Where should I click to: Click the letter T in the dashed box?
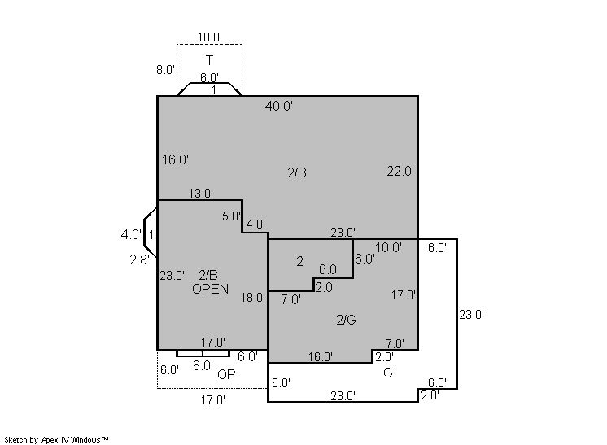pyautogui.click(x=209, y=60)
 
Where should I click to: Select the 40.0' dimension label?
pyautogui.click(x=279, y=106)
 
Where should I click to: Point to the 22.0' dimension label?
pyautogui.click(x=400, y=171)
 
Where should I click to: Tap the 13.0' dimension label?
pyautogui.click(x=201, y=193)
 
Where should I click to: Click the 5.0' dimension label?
pyautogui.click(x=232, y=216)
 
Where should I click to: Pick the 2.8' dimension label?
pyautogui.click(x=139, y=260)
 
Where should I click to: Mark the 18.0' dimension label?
pyautogui.click(x=253, y=298)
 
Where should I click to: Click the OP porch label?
pyautogui.click(x=226, y=374)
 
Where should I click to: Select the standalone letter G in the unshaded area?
pyautogui.click(x=388, y=373)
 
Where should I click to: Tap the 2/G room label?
pyautogui.click(x=346, y=320)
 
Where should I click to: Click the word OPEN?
pyautogui.click(x=210, y=289)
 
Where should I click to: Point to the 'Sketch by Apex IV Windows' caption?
pyautogui.click(x=56, y=439)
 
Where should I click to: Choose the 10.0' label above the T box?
pyautogui.click(x=210, y=37)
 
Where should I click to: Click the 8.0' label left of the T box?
pyautogui.click(x=166, y=70)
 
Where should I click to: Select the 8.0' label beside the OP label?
pyautogui.click(x=203, y=365)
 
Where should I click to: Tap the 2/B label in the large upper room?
pyautogui.click(x=297, y=172)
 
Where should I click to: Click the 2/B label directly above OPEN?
pyautogui.click(x=208, y=275)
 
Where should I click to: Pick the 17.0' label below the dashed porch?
pyautogui.click(x=213, y=400)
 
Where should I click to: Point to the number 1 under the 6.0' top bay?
pyautogui.click(x=214, y=89)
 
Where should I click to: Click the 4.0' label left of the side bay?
pyautogui.click(x=131, y=234)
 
